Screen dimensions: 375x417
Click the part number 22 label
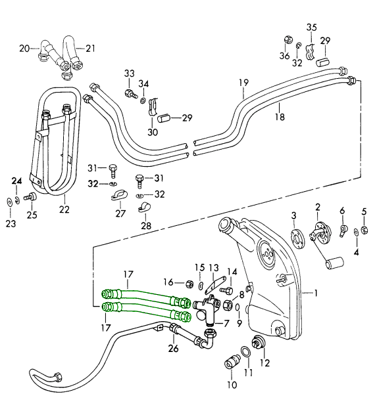coord(64,209)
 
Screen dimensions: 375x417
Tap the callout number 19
coord(243,83)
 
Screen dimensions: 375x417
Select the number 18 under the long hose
coord(280,116)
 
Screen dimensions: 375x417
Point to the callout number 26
coord(173,348)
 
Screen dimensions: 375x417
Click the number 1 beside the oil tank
coord(316,294)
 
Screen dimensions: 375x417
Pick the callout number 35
coord(311,28)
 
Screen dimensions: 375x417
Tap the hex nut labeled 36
coord(288,40)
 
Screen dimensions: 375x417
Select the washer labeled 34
coord(143,100)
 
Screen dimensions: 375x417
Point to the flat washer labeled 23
coord(10,203)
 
